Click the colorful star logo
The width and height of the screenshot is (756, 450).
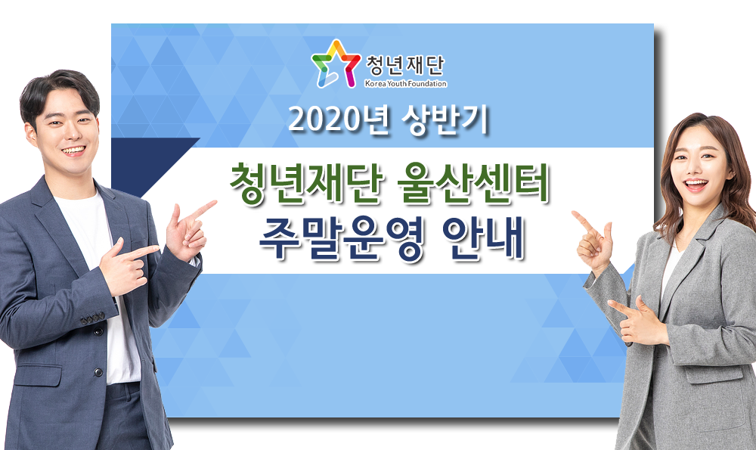click(336, 64)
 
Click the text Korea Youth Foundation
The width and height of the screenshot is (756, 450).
click(405, 83)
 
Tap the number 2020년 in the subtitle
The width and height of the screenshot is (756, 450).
click(339, 119)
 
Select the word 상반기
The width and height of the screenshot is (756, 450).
click(445, 119)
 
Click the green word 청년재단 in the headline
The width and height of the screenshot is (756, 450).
click(306, 185)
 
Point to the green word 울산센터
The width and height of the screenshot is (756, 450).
click(473, 185)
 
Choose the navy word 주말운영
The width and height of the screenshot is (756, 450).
click(341, 239)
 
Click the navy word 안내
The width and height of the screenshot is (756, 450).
click(482, 239)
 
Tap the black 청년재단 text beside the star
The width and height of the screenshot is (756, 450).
click(405, 65)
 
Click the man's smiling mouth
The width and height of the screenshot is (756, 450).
click(73, 151)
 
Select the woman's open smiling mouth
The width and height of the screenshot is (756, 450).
click(696, 185)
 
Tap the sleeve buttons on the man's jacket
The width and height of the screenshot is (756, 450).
click(91, 318)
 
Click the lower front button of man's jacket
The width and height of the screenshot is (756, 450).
click(98, 372)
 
